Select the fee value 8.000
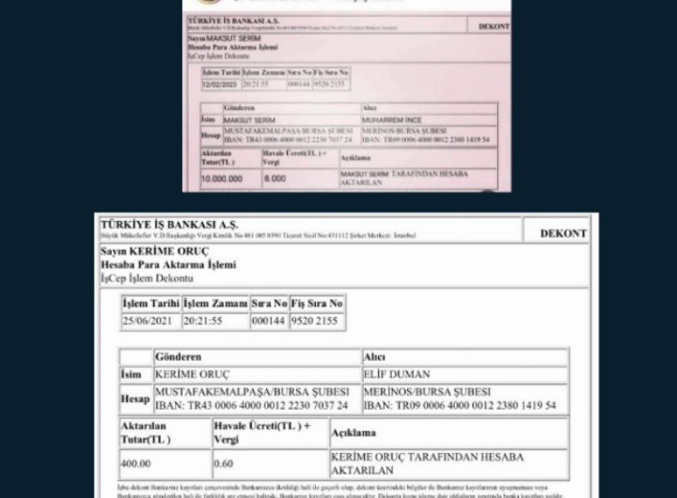(276, 177)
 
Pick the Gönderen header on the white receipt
(182, 358)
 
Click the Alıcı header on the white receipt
(374, 358)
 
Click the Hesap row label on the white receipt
(135, 398)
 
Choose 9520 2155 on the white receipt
(319, 320)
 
